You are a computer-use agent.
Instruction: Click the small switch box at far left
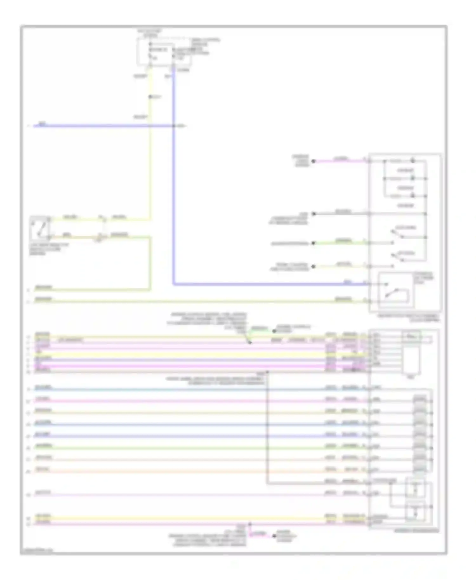[40, 228]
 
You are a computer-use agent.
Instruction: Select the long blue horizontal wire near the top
[102, 126]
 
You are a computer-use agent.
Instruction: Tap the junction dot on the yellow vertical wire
[150, 97]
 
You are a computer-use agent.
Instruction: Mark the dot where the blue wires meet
[174, 126]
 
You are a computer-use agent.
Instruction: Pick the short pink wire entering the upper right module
[341, 161]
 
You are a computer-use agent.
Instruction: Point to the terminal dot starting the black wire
[314, 214]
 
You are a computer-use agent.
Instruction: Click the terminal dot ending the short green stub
[274, 331]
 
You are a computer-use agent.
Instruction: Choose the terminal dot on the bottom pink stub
[274, 536]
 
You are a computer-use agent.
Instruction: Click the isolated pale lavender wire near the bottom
[190, 494]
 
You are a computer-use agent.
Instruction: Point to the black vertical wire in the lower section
[267, 428]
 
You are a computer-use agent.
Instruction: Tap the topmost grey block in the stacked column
[420, 399]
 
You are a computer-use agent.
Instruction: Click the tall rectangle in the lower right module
[411, 360]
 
